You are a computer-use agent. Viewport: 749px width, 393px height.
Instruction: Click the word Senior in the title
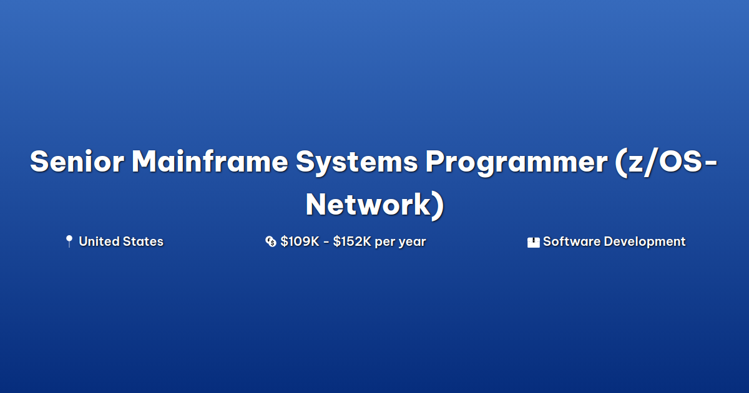coord(77,162)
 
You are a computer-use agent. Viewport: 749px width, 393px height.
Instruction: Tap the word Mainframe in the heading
coord(210,162)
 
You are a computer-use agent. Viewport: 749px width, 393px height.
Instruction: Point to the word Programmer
coord(516,163)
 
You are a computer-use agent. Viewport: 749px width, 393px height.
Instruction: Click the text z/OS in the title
coord(665,162)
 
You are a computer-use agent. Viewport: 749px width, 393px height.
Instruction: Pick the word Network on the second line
coord(368,204)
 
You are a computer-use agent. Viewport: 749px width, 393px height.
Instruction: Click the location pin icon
coord(69,241)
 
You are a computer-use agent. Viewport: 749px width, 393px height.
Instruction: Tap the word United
coord(99,241)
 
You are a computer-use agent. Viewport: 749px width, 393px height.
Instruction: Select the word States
coord(143,241)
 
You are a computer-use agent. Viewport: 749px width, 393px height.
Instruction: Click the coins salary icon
coord(270,241)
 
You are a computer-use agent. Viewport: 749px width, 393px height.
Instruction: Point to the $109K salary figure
coord(300,241)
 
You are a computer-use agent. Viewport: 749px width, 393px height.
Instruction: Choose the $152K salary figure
coord(352,241)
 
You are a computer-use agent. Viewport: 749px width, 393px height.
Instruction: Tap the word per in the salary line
coord(384,243)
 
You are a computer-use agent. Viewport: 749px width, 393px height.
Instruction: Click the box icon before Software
coord(533,242)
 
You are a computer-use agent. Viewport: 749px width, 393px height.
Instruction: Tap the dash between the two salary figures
coord(326,242)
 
